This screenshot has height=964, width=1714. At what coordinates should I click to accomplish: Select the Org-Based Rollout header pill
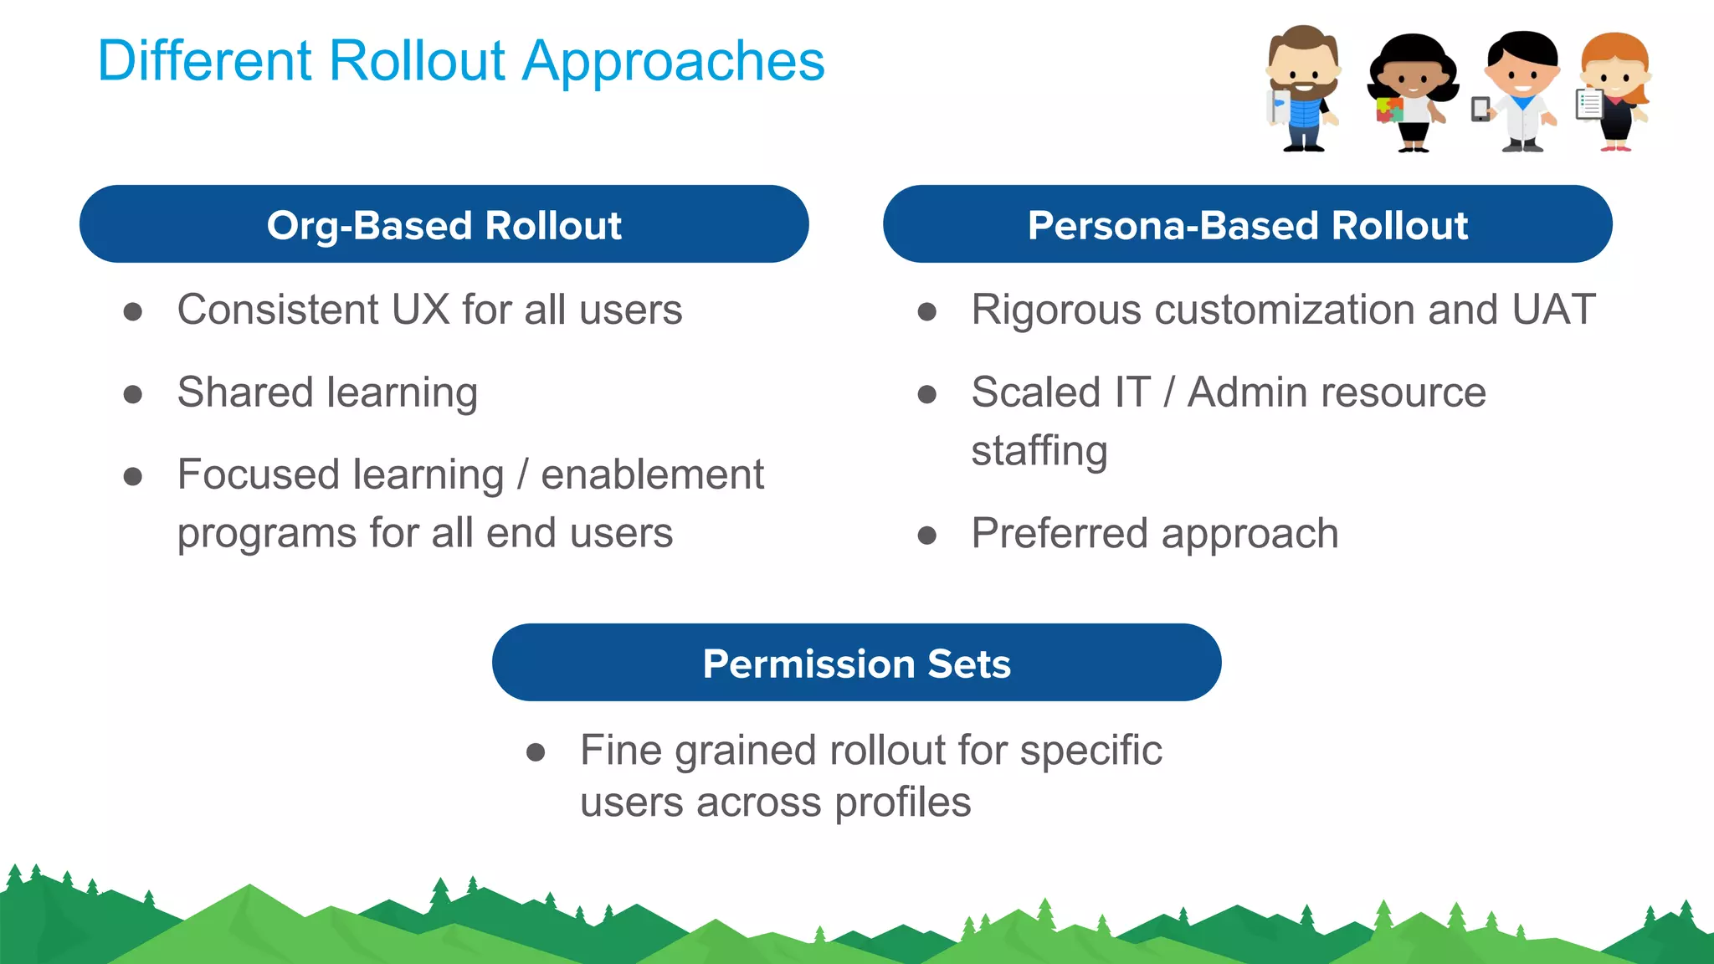click(444, 224)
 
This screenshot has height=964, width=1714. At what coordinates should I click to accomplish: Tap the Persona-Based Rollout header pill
click(1247, 224)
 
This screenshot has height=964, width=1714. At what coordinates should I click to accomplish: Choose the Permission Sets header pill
click(856, 663)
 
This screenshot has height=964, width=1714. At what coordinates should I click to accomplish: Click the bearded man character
click(1302, 88)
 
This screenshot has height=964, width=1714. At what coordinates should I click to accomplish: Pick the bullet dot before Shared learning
click(132, 394)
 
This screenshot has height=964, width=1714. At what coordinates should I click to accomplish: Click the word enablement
click(652, 475)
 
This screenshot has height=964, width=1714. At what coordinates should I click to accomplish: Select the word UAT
click(1553, 310)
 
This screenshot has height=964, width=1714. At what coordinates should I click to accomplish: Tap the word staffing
click(1039, 452)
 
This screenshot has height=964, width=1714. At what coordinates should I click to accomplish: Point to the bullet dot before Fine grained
click(536, 752)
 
